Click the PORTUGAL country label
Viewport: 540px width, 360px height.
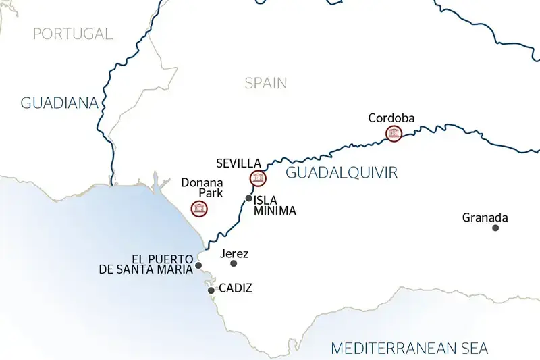tap(72, 34)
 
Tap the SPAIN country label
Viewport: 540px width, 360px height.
tap(265, 83)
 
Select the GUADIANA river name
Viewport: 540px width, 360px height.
tap(59, 103)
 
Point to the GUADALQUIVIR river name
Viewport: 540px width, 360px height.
tap(342, 173)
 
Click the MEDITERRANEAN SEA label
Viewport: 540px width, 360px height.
tap(410, 349)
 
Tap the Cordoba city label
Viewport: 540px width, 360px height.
tap(391, 118)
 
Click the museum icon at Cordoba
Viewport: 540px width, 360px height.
tap(393, 134)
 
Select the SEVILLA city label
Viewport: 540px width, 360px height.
tap(238, 163)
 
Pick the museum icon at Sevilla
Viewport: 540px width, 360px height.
tap(257, 178)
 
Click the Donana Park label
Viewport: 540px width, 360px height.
tap(198, 188)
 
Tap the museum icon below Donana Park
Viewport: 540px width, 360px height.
tap(199, 209)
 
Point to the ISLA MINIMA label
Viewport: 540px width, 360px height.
tap(275, 205)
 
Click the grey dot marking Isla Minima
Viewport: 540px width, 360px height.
tap(249, 198)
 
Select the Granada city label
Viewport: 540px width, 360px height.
tap(485, 217)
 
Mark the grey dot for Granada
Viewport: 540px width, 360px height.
tap(495, 228)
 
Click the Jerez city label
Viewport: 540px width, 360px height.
tap(235, 254)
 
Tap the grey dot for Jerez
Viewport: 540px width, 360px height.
tap(234, 263)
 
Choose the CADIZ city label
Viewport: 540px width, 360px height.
tap(236, 288)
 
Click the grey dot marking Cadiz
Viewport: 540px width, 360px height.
tap(211, 290)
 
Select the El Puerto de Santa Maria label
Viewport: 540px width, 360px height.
tap(146, 263)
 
